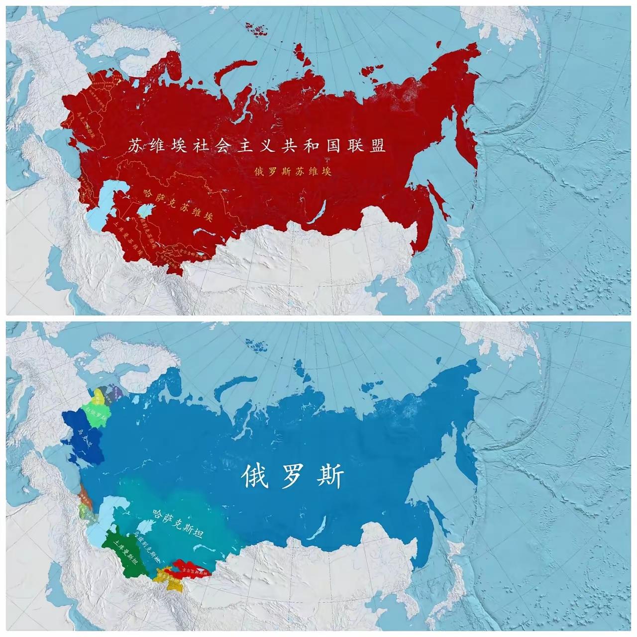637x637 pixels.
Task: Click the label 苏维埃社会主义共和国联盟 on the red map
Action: (257, 146)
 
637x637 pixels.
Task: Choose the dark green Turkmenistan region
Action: (122, 550)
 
